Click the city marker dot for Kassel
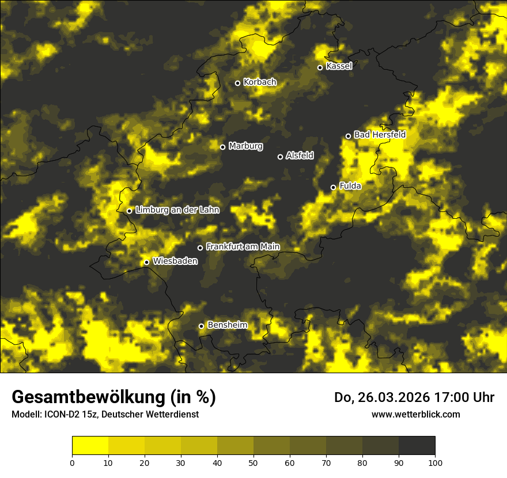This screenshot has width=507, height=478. pos(320,67)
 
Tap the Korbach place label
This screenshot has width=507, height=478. pos(260,82)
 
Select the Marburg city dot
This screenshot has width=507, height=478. pos(222,147)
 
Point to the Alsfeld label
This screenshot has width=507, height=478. pos(300,155)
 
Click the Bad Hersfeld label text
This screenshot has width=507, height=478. pos(380,135)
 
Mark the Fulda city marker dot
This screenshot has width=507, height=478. pos(333,187)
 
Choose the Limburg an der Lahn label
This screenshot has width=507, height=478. pos(177,210)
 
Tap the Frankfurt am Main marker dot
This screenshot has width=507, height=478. pos(200,248)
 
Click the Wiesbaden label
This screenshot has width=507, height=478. pos(175,261)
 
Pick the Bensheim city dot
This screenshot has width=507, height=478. pos(201,326)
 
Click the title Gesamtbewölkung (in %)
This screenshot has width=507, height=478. pos(113,397)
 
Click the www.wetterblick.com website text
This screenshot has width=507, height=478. pos(416,414)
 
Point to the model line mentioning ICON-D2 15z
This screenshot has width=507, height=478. pos(105,414)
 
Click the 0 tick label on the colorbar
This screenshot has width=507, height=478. pos(72,462)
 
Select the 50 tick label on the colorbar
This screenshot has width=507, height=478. pos(253,462)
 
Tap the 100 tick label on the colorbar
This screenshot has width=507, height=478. pos(435,462)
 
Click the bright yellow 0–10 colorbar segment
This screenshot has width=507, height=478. pos(90,446)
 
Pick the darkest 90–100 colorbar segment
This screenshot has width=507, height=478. pos(417,446)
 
